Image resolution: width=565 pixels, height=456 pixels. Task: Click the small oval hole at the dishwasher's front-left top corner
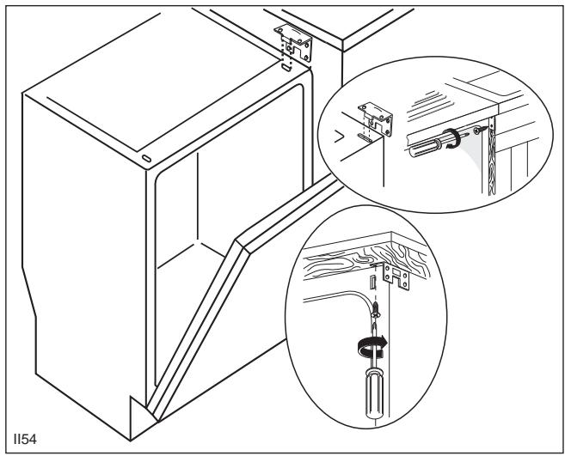point(146,160)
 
